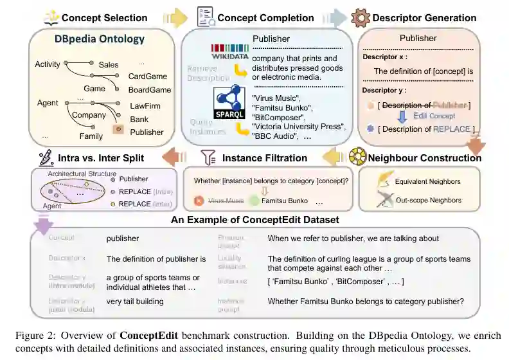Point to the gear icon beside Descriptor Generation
(362, 17)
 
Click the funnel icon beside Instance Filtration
(207, 157)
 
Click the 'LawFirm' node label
(145, 105)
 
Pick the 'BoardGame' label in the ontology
(149, 90)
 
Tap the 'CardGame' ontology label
(147, 76)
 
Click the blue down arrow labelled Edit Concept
(402, 116)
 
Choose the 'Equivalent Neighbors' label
(428, 181)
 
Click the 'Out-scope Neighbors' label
(427, 200)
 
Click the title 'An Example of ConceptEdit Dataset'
(254, 220)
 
